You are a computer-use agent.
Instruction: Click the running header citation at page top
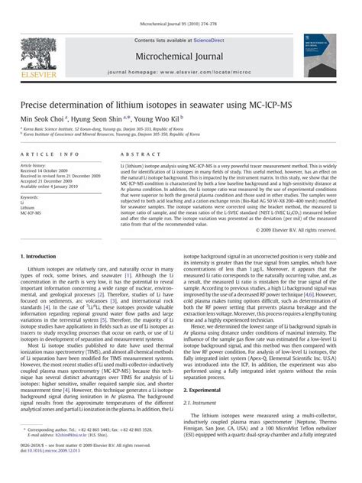tap(181, 9)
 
